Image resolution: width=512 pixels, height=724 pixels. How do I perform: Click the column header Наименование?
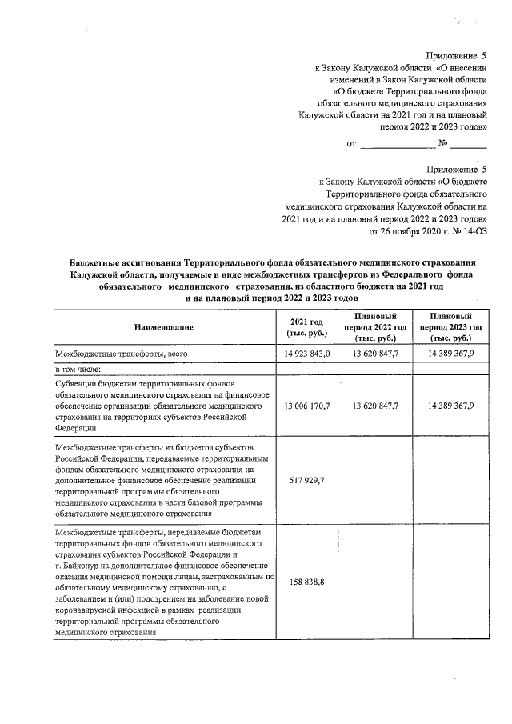pyautogui.click(x=164, y=327)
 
